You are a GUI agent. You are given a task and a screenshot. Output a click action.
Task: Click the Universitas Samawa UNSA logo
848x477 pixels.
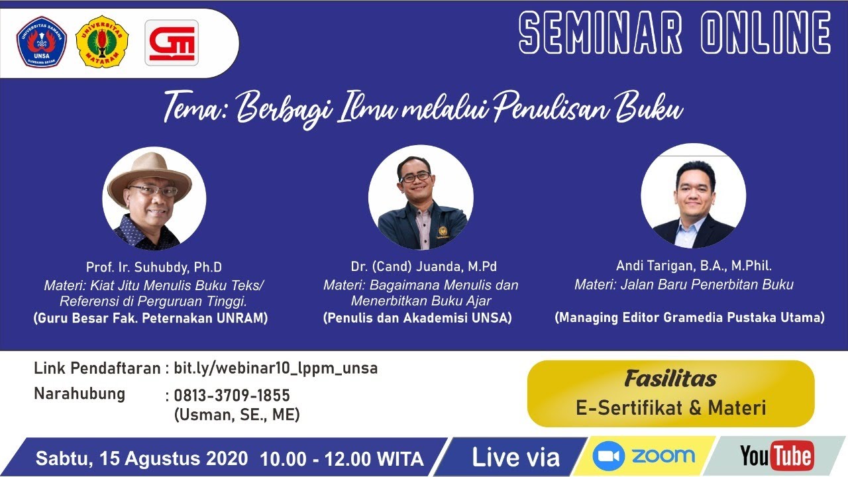(42, 42)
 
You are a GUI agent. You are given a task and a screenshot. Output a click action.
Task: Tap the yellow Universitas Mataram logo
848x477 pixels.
(103, 42)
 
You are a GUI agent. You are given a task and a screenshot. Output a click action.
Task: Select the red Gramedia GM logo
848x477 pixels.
(172, 42)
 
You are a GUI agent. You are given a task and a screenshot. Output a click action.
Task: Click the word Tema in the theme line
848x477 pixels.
(195, 108)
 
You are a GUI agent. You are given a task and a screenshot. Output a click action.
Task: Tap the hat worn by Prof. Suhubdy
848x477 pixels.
(150, 174)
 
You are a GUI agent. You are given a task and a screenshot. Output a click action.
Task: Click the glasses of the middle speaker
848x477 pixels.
(415, 178)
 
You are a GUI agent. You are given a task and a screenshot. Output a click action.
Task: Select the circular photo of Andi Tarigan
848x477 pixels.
(693, 196)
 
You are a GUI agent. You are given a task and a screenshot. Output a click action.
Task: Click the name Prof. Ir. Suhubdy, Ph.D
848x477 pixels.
(154, 268)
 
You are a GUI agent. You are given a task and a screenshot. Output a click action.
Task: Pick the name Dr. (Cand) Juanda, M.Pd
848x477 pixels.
(424, 267)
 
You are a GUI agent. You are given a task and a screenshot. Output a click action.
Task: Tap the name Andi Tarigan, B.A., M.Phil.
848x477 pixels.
(694, 266)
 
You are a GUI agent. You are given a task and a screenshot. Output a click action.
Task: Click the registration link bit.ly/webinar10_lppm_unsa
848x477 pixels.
(276, 368)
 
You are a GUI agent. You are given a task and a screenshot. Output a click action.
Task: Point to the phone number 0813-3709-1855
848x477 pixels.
(232, 396)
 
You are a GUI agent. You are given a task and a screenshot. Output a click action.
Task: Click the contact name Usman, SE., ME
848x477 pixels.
(237, 415)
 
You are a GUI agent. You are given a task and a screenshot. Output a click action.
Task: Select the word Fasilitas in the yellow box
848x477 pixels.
(670, 379)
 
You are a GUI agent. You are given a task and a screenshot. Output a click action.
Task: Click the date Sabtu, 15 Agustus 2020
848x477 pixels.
(142, 458)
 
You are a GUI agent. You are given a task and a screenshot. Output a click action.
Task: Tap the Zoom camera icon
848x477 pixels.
(609, 456)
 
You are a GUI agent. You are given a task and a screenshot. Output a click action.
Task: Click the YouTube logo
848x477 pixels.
(776, 456)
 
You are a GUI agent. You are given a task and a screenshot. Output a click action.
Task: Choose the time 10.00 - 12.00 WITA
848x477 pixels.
(342, 458)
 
